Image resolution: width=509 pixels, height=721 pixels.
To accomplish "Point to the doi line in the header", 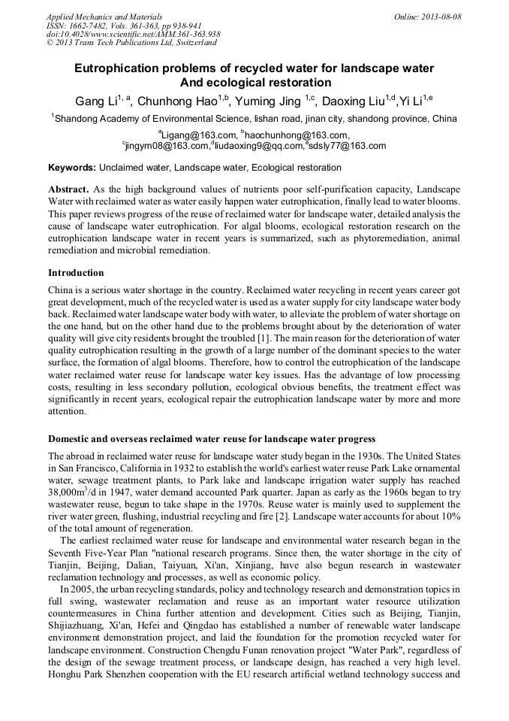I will coord(133,35).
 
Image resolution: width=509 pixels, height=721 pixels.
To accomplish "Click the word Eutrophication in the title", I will coord(110,68).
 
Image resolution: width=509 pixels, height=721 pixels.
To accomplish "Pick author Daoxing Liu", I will coord(353,101).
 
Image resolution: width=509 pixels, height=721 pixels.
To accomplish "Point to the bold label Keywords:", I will coord(72,167).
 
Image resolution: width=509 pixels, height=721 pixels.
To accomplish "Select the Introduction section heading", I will coord(76,272).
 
